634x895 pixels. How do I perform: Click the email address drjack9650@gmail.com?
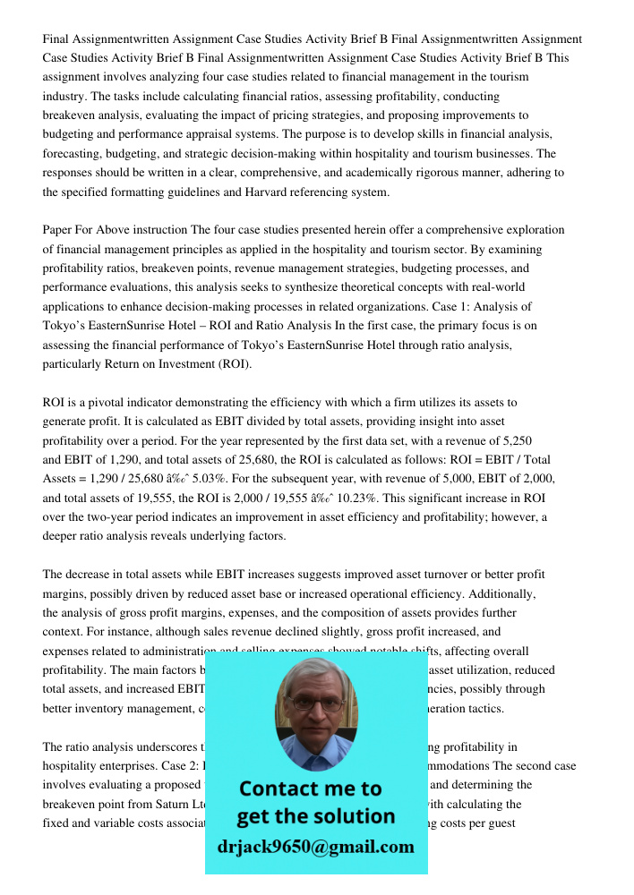click(x=315, y=847)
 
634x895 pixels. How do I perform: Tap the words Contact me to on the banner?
click(x=310, y=788)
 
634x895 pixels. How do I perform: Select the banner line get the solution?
click(x=315, y=816)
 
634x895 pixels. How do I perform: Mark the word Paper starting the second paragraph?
click(x=58, y=230)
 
